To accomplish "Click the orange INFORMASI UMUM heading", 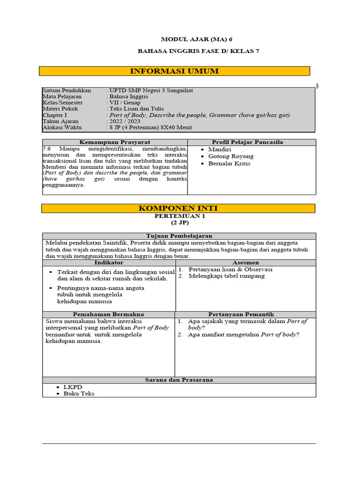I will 174,71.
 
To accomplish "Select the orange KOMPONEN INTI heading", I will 178,208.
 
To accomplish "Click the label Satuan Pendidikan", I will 67,90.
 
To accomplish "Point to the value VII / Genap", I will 124,103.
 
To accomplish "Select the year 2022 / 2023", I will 124,121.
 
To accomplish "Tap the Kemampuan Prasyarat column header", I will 115,142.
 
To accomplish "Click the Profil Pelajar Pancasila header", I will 247,142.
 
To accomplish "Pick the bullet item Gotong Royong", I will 231,156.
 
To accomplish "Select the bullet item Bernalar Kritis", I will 229,164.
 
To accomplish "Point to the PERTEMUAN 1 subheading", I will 180,216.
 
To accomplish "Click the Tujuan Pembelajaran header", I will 179,236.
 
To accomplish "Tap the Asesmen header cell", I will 246,263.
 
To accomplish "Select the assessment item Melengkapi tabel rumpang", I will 226,276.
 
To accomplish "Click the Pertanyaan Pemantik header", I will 246,314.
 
